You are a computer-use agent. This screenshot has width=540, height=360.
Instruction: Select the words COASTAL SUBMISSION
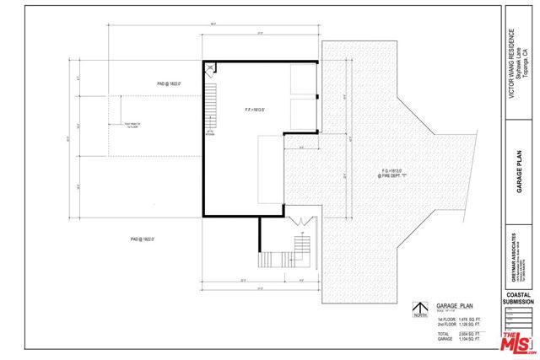(518, 297)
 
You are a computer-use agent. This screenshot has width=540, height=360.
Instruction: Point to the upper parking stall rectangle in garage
(302, 82)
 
